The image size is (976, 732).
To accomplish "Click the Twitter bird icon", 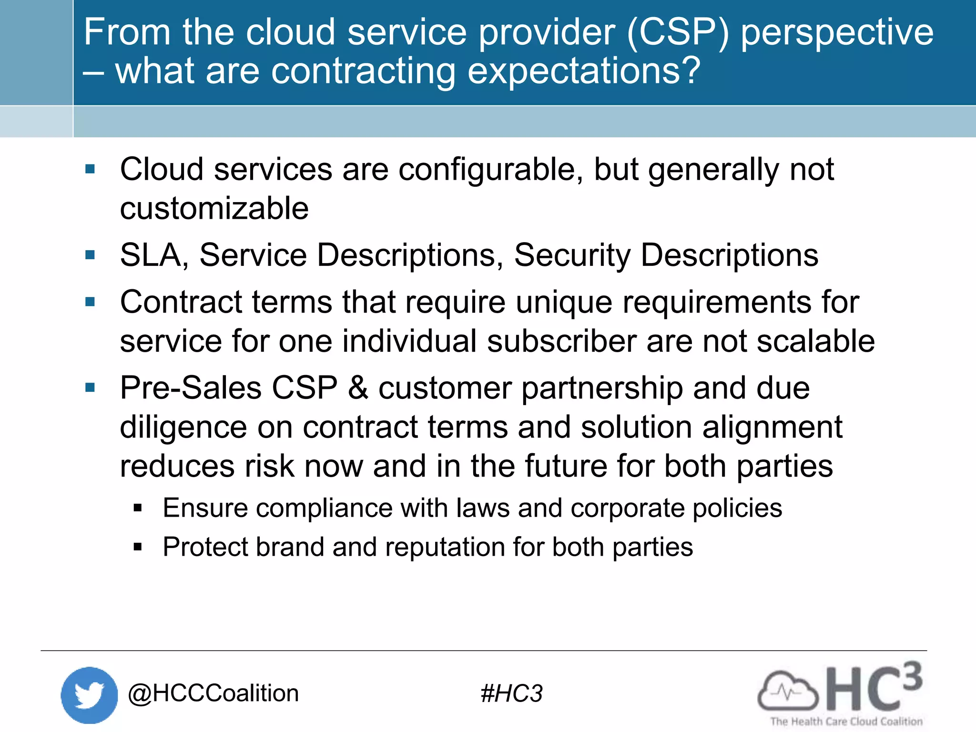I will pyautogui.click(x=89, y=695).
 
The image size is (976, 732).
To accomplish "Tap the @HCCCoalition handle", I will pyautogui.click(x=213, y=693).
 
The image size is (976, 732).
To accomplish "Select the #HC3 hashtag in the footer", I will pyautogui.click(x=511, y=693).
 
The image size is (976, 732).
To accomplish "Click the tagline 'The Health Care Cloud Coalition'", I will pyautogui.click(x=846, y=722).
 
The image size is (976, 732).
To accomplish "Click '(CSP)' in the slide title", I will pyautogui.click(x=678, y=32).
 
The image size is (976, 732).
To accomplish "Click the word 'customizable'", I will pyautogui.click(x=214, y=209).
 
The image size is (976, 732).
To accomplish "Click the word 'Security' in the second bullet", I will pyautogui.click(x=572, y=255).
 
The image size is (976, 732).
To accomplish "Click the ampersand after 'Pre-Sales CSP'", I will pyautogui.click(x=358, y=388).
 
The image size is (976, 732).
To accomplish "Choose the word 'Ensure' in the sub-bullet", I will pyautogui.click(x=205, y=508).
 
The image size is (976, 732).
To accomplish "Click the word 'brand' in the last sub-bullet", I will pyautogui.click(x=290, y=547).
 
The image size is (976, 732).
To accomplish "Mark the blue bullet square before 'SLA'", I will pyautogui.click(x=90, y=255).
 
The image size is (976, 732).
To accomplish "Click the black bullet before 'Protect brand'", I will pyautogui.click(x=138, y=547).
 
